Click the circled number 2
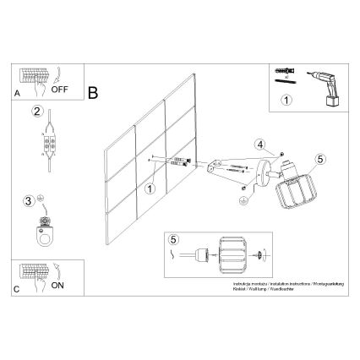[x=36, y=112]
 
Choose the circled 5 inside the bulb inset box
[x=175, y=240]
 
